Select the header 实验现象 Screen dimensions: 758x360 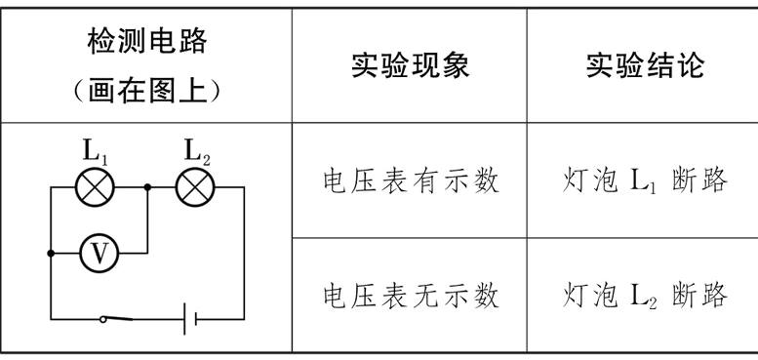pyautogui.click(x=410, y=65)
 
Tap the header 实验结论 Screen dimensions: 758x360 pyautogui.click(x=644, y=65)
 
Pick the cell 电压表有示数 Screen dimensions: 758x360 pyautogui.click(x=411, y=180)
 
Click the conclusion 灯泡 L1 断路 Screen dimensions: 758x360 pyautogui.click(x=645, y=180)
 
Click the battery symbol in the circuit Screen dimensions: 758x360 pyautogui.click(x=191, y=317)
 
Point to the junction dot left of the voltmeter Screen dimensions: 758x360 pyautogui.click(x=51, y=253)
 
